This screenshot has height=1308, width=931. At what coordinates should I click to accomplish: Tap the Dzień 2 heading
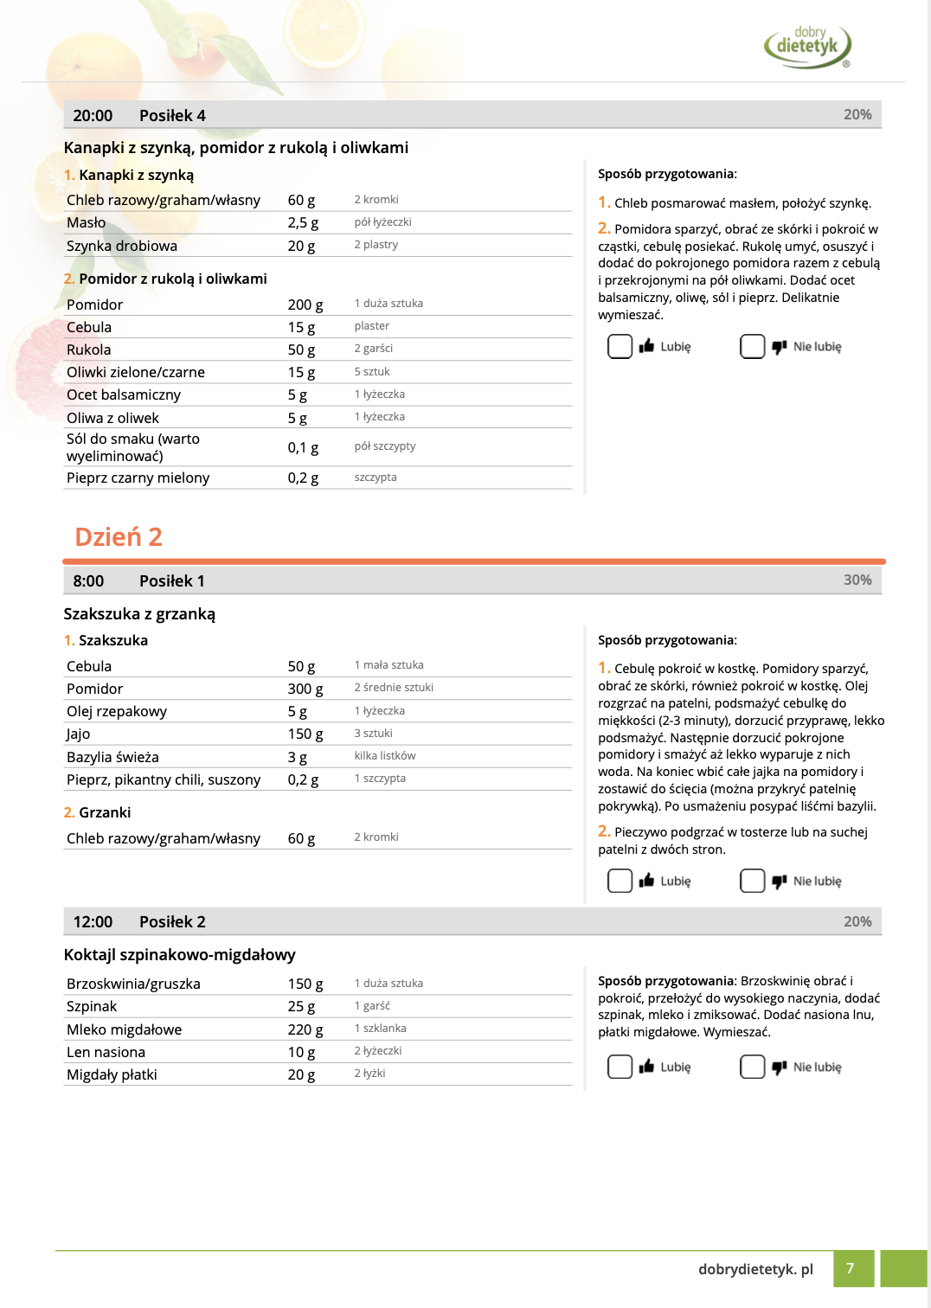point(119,537)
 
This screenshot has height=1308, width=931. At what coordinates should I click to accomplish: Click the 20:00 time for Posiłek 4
point(93,116)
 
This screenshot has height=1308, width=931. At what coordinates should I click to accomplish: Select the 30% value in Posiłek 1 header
point(857,580)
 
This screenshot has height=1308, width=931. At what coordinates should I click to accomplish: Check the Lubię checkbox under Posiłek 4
point(620,347)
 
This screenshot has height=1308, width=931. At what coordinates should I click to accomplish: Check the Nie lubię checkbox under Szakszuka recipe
point(752,881)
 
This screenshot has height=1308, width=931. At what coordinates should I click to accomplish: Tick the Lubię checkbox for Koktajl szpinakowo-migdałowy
point(620,1067)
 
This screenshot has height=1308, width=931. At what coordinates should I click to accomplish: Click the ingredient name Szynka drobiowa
point(122,247)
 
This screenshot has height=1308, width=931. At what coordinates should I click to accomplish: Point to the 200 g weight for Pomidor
point(305,305)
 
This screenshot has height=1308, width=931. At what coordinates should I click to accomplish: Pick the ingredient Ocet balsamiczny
point(124,395)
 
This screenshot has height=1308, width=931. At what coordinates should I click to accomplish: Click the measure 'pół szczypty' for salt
point(384,446)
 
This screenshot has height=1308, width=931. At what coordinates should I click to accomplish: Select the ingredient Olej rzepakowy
point(117,712)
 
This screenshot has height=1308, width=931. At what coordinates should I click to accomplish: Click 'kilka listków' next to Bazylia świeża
point(384,756)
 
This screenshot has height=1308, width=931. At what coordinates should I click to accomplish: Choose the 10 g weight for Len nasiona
point(301,1053)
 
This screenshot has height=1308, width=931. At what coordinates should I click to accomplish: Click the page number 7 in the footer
point(850,1268)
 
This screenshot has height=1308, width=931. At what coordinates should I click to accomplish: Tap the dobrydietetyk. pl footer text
point(755,1269)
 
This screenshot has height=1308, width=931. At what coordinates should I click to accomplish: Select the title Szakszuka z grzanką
point(139,614)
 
